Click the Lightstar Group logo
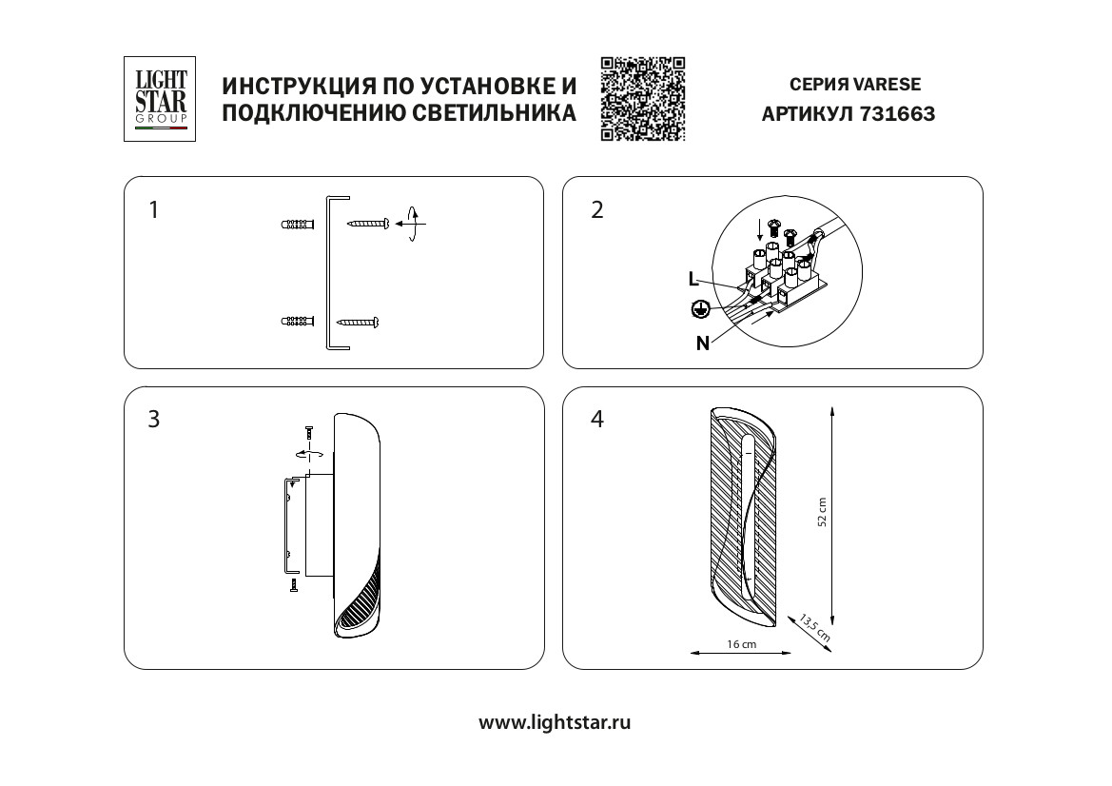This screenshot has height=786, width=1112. click(160, 98)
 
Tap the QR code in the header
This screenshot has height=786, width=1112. click(643, 99)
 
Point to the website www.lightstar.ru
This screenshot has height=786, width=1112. click(555, 722)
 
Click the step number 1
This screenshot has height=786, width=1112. click(154, 210)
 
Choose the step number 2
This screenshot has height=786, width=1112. click(597, 210)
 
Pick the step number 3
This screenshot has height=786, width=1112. click(154, 420)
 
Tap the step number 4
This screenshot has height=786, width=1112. click(597, 420)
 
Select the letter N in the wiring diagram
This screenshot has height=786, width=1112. click(702, 344)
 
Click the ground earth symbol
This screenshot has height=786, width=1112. click(700, 308)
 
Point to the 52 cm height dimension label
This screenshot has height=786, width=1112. click(823, 513)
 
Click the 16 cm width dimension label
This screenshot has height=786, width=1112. click(741, 645)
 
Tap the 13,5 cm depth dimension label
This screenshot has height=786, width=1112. click(814, 626)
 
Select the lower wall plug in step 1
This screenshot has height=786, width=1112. click(298, 322)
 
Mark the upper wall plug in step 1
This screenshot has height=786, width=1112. click(298, 226)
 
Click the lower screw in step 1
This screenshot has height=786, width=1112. click(359, 322)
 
